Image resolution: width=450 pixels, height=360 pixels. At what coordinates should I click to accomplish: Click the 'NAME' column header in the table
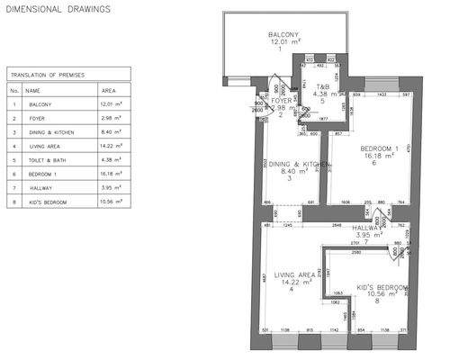pyautogui.click(x=33, y=90)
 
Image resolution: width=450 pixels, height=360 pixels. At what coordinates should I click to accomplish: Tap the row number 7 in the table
pyautogui.click(x=13, y=188)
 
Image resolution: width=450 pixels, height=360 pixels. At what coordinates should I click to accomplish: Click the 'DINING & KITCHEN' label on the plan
pyautogui.click(x=292, y=165)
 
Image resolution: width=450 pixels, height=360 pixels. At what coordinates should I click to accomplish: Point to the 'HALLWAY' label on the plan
pyautogui.click(x=367, y=228)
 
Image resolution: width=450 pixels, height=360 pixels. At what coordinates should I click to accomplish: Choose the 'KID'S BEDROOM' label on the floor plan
pyautogui.click(x=382, y=287)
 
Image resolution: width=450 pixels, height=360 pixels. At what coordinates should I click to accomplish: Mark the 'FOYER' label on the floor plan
pyautogui.click(x=284, y=100)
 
